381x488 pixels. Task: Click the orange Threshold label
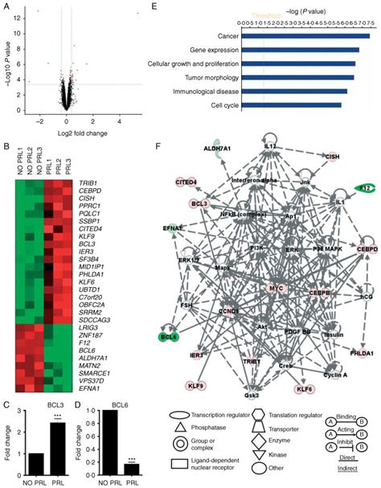click(x=266, y=14)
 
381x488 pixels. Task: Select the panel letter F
click(x=157, y=148)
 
